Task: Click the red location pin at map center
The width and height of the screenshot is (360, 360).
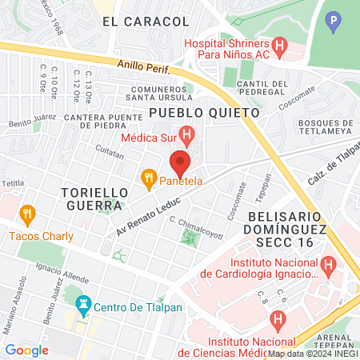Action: [x=180, y=162]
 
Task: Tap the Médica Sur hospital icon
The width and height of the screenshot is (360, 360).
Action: [x=186, y=135]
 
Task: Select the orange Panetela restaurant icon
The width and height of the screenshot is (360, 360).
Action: [x=147, y=177]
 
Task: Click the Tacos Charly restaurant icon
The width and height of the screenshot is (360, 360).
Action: [x=28, y=214]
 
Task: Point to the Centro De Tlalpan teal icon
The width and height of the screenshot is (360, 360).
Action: [x=81, y=305]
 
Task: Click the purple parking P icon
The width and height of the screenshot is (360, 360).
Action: [x=334, y=18]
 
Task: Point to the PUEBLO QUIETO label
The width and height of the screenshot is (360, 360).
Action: [x=204, y=113]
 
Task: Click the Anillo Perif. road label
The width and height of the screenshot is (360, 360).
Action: [x=144, y=68]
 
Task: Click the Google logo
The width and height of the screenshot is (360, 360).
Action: [x=26, y=350]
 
